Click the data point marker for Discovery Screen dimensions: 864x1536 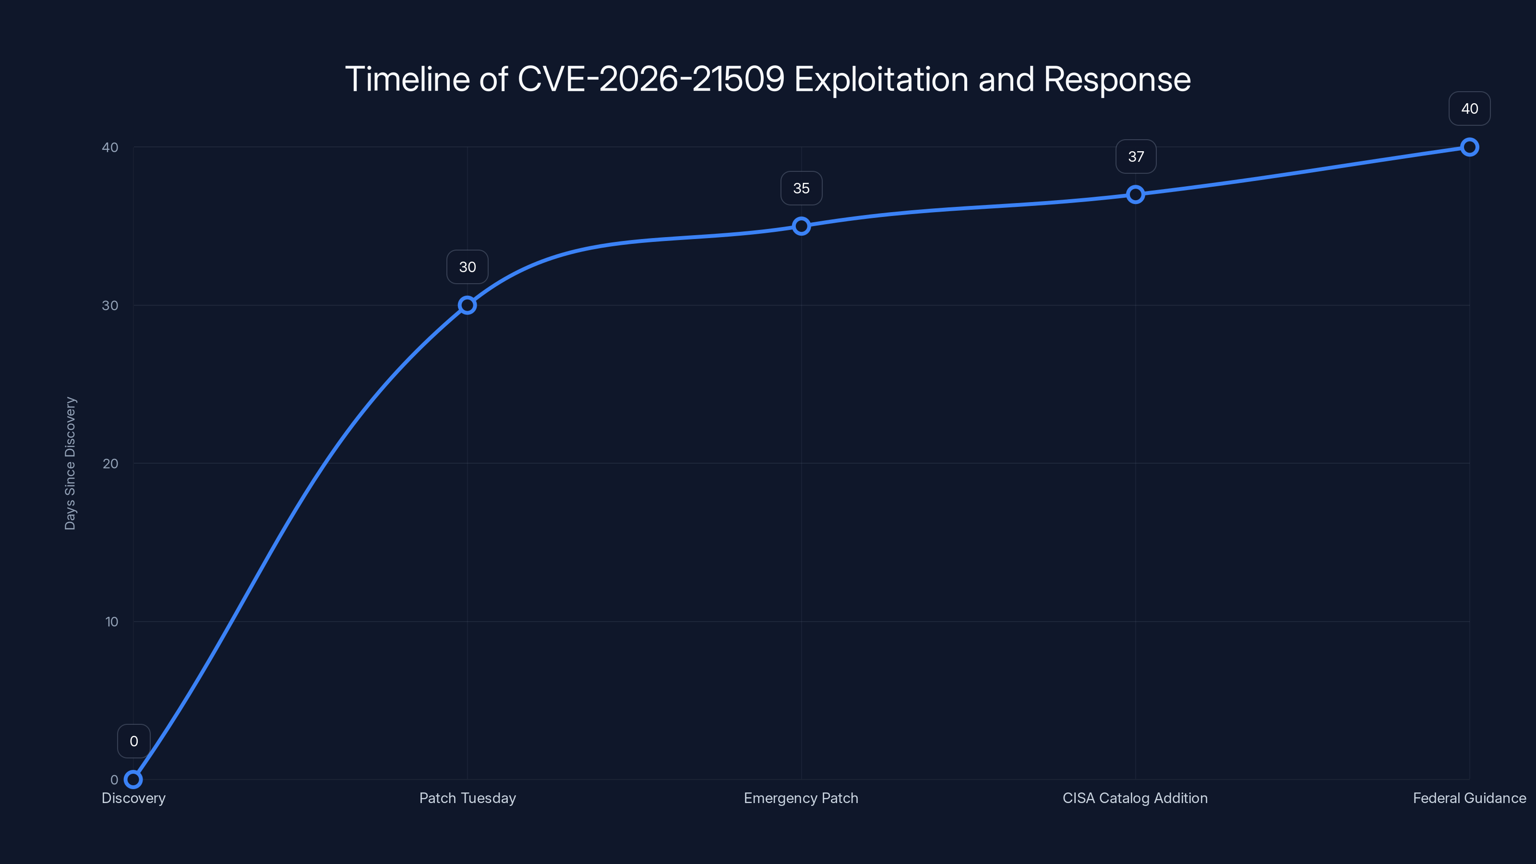(x=133, y=780)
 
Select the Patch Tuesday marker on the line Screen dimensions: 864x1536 (x=468, y=305)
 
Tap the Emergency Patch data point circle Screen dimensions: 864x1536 (x=802, y=226)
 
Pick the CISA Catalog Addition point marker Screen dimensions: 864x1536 (x=1135, y=194)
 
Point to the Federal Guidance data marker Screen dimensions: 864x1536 (x=1469, y=147)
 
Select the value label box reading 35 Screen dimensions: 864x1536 (x=802, y=189)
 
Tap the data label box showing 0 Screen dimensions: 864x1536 (x=133, y=741)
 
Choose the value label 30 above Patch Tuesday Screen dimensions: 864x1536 (x=468, y=267)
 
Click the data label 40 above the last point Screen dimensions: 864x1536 (x=1469, y=108)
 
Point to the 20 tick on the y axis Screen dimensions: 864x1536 (x=110, y=464)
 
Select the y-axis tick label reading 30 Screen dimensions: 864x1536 (x=110, y=305)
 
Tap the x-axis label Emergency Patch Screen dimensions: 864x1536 (x=801, y=798)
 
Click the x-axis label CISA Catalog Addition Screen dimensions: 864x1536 (x=1135, y=798)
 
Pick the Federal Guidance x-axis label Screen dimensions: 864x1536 (x=1469, y=798)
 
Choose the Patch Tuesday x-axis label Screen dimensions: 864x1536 (x=468, y=798)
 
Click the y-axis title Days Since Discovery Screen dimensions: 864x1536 (x=71, y=463)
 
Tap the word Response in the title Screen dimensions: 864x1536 (x=1117, y=79)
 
